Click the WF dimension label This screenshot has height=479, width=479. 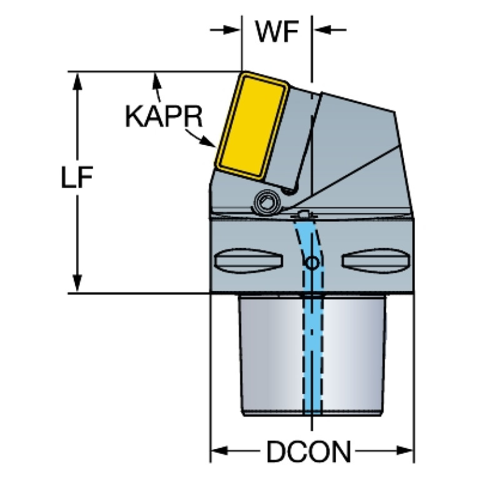277,32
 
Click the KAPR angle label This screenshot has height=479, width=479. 164,116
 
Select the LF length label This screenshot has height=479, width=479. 77,177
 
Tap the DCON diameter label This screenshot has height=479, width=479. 309,452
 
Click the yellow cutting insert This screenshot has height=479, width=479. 252,126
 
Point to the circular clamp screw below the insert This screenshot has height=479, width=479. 268,202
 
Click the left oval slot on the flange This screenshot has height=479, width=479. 249,260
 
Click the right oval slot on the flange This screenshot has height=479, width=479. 375,260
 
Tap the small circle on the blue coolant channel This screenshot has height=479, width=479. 312,262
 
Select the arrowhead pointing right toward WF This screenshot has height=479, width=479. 232,30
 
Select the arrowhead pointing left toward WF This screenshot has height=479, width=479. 323,30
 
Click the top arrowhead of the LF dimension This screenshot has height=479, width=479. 77,81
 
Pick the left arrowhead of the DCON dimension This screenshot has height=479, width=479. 220,450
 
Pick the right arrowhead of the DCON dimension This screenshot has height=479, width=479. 405,450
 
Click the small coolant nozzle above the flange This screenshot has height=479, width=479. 303,214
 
